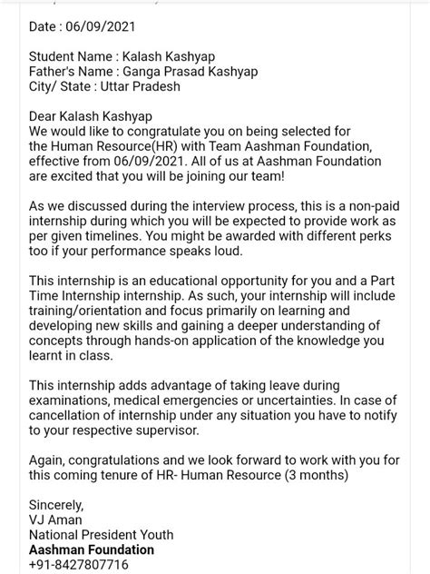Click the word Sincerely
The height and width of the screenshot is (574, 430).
(x=56, y=505)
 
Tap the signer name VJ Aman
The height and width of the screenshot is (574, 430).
(x=55, y=520)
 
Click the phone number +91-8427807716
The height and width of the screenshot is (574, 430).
(x=79, y=564)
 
